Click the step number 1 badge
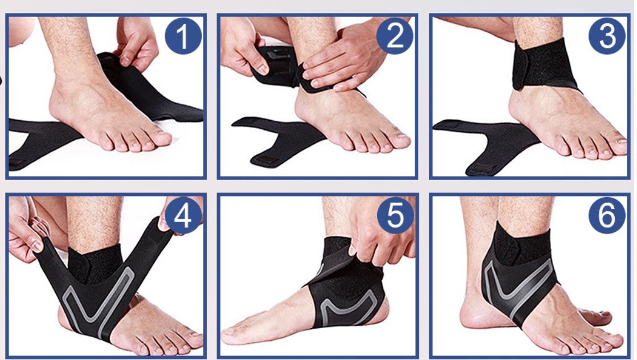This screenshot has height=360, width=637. tap(183, 36)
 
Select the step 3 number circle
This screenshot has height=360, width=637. tap(607, 35)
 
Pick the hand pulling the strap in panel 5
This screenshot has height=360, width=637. tap(379, 231)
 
